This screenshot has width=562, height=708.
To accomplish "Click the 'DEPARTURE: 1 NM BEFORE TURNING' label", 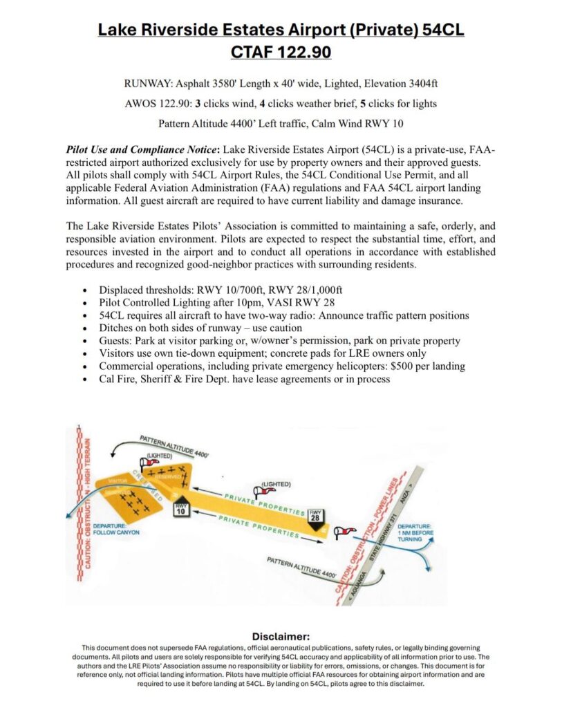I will click(x=415, y=530).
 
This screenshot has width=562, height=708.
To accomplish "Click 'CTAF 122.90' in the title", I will click(x=281, y=52).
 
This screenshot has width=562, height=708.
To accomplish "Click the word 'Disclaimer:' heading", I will click(x=281, y=636).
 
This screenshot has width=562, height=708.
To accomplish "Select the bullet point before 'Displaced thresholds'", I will click(x=84, y=290).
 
